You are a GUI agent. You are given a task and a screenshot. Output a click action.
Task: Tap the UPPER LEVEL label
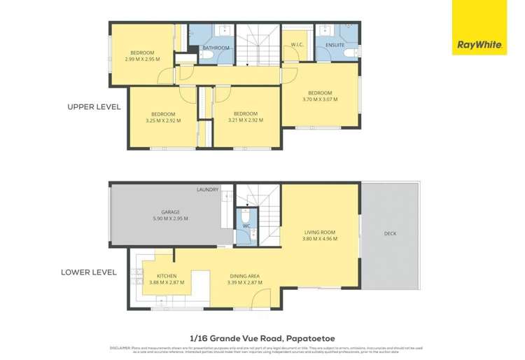click(94, 107)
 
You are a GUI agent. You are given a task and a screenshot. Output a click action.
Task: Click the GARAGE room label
click(171, 212)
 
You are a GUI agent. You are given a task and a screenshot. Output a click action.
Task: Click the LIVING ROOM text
click(321, 233)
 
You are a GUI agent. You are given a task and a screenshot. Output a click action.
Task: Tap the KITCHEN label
click(166, 276)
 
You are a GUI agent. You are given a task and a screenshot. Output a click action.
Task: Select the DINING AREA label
click(244, 276)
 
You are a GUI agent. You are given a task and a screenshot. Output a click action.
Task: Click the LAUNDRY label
click(208, 190)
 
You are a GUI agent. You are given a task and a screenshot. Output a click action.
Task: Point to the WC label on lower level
click(246, 226)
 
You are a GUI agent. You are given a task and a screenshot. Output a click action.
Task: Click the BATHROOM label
click(216, 48)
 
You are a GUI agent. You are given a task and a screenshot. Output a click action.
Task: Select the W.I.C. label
click(296, 46)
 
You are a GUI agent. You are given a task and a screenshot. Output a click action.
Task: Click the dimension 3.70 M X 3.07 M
click(321, 99)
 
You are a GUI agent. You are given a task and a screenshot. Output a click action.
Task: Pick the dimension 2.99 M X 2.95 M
click(142, 59)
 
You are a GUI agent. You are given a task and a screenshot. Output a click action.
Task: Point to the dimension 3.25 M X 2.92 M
click(163, 120)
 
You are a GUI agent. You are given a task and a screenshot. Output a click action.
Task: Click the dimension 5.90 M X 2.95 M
click(171, 219)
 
